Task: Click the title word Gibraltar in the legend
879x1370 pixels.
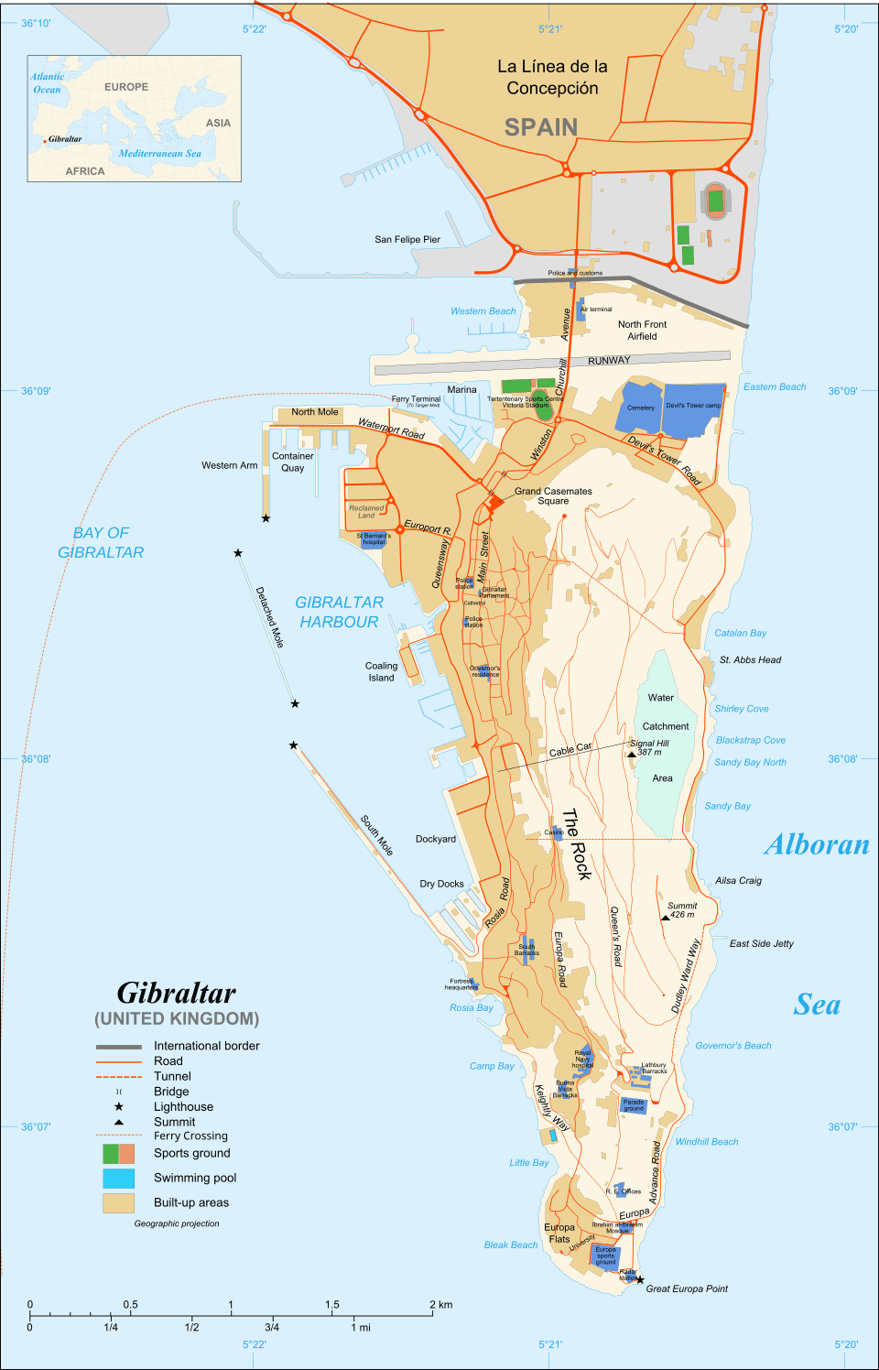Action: [x=177, y=994]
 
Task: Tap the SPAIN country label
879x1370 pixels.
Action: [x=540, y=127]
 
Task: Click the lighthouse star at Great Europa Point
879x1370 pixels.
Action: [x=640, y=1280]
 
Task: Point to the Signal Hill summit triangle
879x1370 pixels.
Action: [x=632, y=755]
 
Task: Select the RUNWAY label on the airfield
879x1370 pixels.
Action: [x=609, y=361]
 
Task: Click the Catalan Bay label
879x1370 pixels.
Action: [x=740, y=633]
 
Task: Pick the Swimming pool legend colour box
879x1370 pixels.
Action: [x=118, y=1178]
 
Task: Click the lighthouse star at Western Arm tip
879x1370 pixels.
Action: [x=266, y=518]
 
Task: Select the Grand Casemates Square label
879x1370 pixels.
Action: [x=553, y=495]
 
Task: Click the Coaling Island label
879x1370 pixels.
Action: [x=381, y=672]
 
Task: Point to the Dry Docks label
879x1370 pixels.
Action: [x=441, y=884]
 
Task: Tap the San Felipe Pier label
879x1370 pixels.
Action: [x=407, y=239]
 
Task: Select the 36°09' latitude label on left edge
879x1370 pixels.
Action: [x=36, y=391]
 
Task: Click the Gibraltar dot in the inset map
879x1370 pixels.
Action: [x=44, y=141]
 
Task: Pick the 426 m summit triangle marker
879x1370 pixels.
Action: [x=666, y=917]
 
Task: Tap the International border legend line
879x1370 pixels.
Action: [x=118, y=1046]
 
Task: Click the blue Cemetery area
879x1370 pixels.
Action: [x=640, y=408]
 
